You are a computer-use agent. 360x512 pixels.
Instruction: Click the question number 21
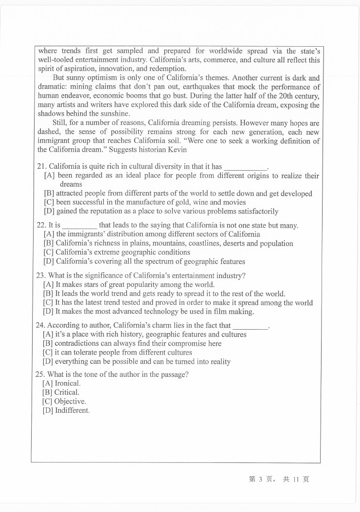point(41,166)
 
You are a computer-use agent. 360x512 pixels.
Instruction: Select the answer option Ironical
point(67,383)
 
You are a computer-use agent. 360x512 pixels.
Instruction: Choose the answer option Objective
point(70,402)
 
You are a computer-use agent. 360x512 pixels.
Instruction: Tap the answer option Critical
point(67,392)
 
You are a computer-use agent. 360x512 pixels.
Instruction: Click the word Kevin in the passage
point(177,150)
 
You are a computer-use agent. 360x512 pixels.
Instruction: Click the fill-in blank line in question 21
point(246,168)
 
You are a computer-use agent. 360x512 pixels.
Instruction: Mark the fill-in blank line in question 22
point(80,227)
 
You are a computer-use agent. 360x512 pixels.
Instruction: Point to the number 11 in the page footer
point(295,479)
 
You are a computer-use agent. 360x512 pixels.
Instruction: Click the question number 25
point(41,374)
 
